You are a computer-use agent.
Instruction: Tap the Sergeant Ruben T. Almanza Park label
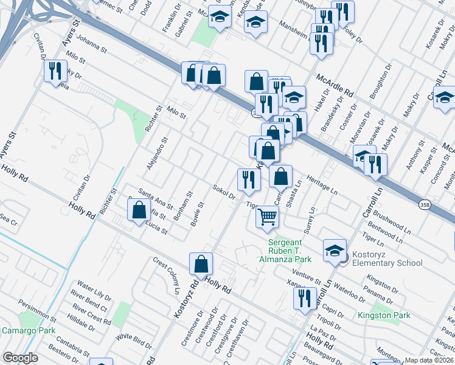pos(290,250)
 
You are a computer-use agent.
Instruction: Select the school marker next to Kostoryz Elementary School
pos(335,249)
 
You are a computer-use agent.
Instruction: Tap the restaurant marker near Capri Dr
pos(304,298)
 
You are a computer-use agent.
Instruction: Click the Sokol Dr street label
pos(224,192)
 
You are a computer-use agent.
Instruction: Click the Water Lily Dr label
pos(95,292)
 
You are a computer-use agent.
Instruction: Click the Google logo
pos(21,358)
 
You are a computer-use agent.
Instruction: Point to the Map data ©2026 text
pos(429,360)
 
